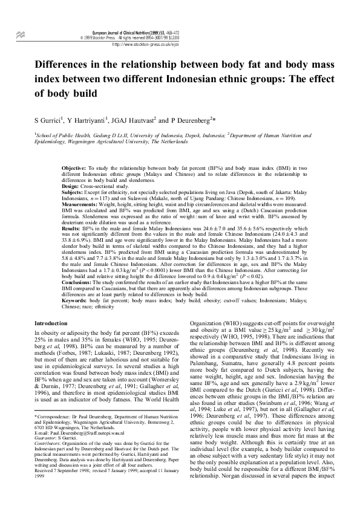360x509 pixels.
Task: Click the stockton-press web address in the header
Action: [146, 44]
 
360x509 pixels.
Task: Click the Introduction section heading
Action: [51, 323]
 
